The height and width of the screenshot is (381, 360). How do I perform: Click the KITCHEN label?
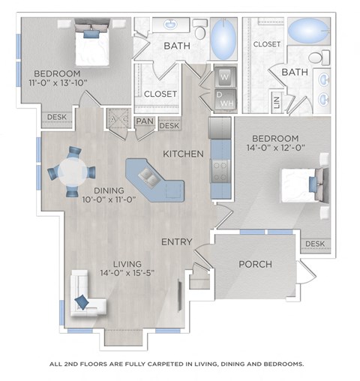pos(184,154)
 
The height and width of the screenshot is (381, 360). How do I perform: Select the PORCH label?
pos(255,264)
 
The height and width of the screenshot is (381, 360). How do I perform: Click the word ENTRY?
pos(176,241)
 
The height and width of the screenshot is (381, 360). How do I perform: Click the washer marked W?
pos(224,76)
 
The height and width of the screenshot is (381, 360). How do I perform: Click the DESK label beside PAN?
pos(169,126)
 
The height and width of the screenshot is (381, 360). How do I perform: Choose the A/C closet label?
pos(116,120)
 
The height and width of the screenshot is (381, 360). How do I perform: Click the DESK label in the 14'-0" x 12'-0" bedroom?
pos(315,244)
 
